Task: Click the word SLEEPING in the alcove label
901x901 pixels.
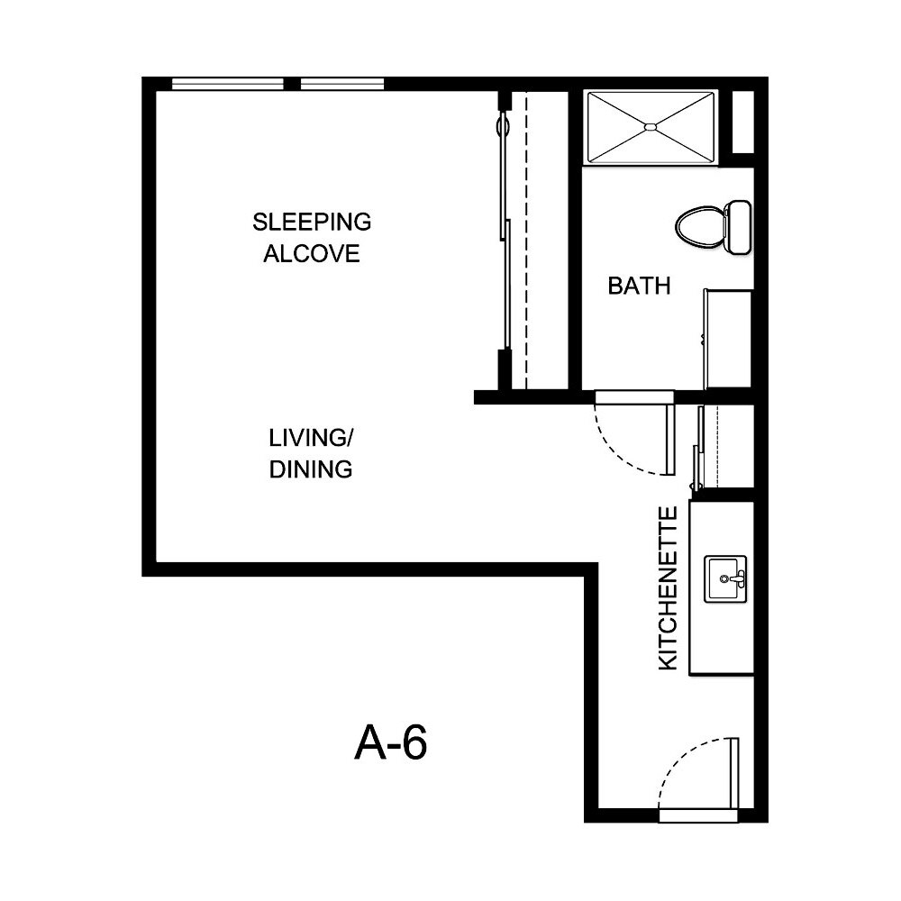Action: coord(312,222)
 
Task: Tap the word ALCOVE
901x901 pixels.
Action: coord(312,253)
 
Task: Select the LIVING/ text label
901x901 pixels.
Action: coord(312,438)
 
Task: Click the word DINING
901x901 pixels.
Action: coord(312,469)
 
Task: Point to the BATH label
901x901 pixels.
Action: coord(639,287)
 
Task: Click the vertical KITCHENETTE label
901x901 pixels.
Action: coord(668,588)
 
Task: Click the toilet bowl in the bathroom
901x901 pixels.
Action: coord(699,226)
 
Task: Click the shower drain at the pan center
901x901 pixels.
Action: coord(651,127)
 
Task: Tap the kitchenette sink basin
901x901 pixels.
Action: coord(725,578)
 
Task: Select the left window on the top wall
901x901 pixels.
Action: coord(227,85)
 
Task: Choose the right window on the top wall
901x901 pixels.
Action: coord(342,85)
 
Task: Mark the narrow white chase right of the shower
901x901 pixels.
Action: coord(742,123)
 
